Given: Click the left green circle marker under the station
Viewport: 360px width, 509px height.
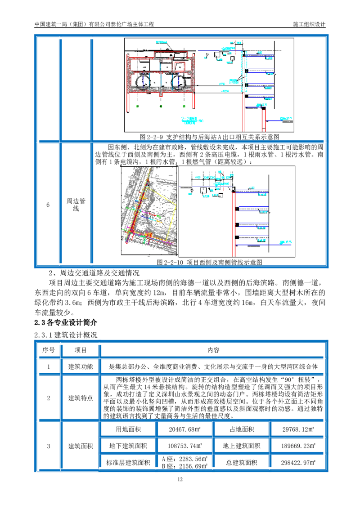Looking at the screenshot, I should pos(138,106).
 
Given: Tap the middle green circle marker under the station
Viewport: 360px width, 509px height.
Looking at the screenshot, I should pos(161,106).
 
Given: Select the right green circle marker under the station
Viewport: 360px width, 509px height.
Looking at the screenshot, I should pos(184,106).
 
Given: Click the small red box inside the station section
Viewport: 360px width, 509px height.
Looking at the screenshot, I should pos(180,66).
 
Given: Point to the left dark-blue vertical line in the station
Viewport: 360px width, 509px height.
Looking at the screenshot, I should pos(144,80).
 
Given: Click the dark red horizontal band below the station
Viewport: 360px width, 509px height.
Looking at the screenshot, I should pos(184,113).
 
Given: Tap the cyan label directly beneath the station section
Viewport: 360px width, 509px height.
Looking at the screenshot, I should pos(193,120).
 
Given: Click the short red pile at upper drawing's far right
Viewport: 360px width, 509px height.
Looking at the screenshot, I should pos(263,121).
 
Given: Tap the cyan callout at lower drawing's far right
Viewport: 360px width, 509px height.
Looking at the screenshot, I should pos(285,242).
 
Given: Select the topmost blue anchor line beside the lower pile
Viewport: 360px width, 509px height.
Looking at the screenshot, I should pos(252,192).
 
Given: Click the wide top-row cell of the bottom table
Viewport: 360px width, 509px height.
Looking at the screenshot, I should pos(214,350).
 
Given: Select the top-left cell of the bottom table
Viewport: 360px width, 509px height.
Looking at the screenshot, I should pos(48,350).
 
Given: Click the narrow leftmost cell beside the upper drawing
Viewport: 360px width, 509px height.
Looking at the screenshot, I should pos(48,88).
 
